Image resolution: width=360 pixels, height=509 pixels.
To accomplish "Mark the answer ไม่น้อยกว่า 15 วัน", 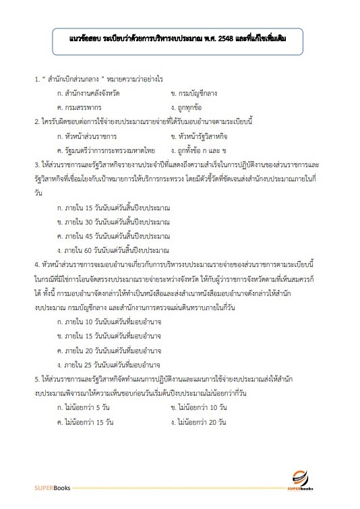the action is click(85, 422).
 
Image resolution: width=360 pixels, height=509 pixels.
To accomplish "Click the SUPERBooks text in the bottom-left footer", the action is click(51, 487).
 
